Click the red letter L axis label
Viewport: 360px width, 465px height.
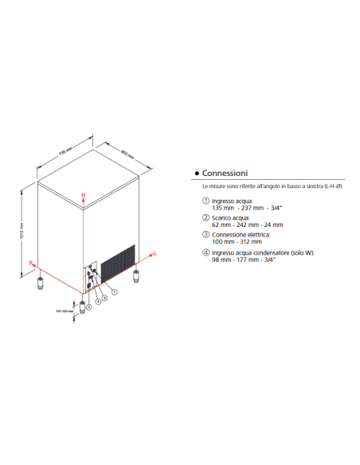click(x=155, y=252)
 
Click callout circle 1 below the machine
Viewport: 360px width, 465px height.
click(x=115, y=292)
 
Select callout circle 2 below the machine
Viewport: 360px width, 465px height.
click(x=90, y=306)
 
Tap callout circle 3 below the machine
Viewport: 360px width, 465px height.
click(x=105, y=297)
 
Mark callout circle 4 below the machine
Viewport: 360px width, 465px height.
click(x=97, y=302)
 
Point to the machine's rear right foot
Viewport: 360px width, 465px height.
click(x=137, y=277)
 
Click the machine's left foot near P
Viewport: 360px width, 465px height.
click(x=38, y=282)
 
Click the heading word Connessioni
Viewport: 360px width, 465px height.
click(x=225, y=173)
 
